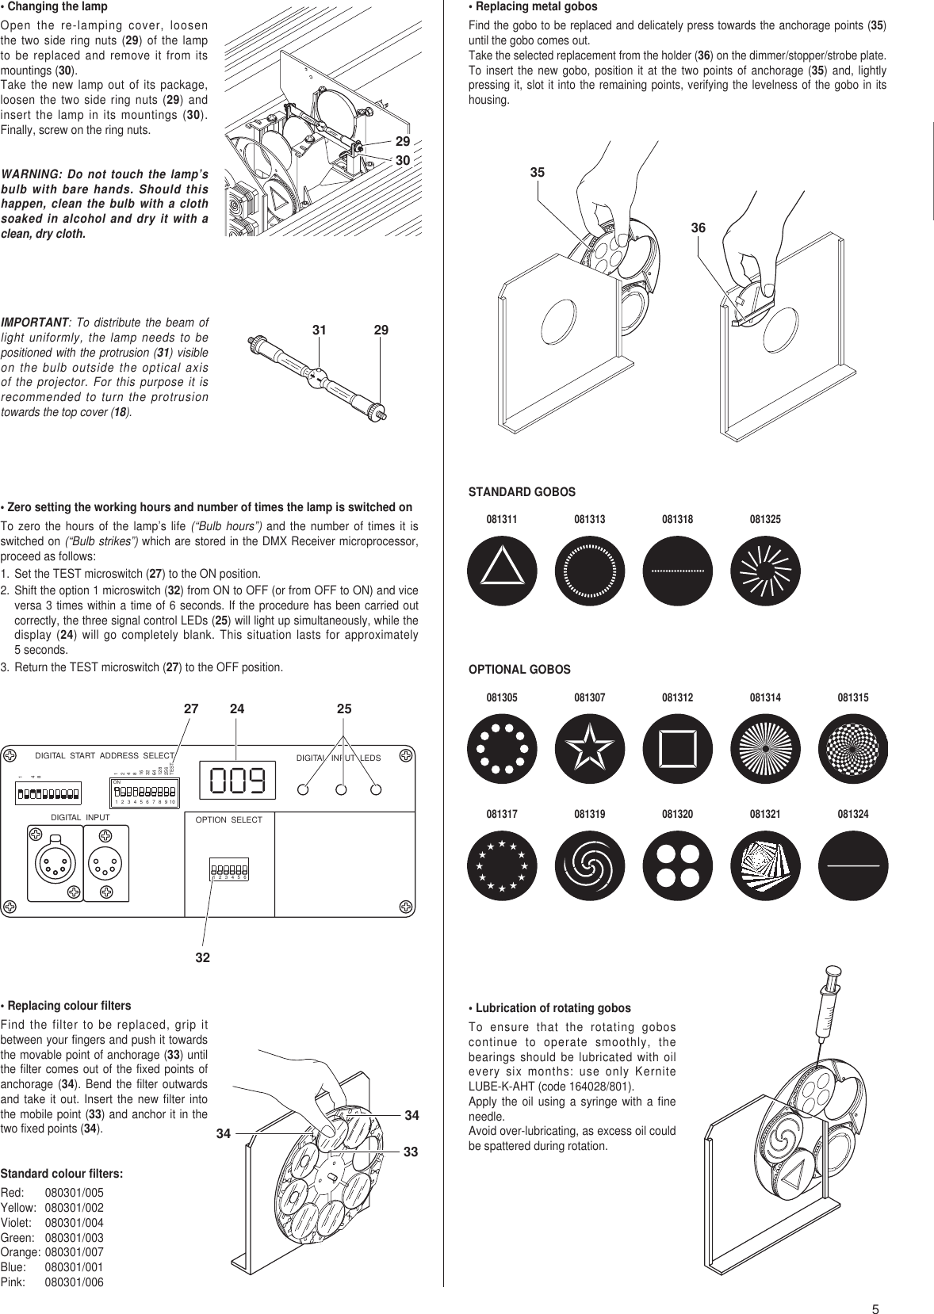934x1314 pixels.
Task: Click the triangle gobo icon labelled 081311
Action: pyautogui.click(x=502, y=571)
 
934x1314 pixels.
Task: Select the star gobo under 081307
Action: pyautogui.click(x=590, y=749)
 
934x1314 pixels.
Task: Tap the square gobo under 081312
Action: pyautogui.click(x=678, y=749)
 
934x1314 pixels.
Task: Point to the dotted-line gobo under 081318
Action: pyautogui.click(x=678, y=571)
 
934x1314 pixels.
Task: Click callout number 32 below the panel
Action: pyautogui.click(x=203, y=957)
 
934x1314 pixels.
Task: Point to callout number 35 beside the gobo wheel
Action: pyautogui.click(x=538, y=172)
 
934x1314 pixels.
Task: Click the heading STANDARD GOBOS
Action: pyautogui.click(x=522, y=492)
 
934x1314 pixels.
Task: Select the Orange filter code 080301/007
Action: pyautogui.click(x=74, y=1252)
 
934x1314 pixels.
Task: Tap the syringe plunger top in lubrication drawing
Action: pyautogui.click(x=831, y=971)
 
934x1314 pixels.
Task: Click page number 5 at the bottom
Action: pyautogui.click(x=876, y=1288)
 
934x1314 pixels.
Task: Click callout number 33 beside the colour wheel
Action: pyautogui.click(x=411, y=1151)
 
